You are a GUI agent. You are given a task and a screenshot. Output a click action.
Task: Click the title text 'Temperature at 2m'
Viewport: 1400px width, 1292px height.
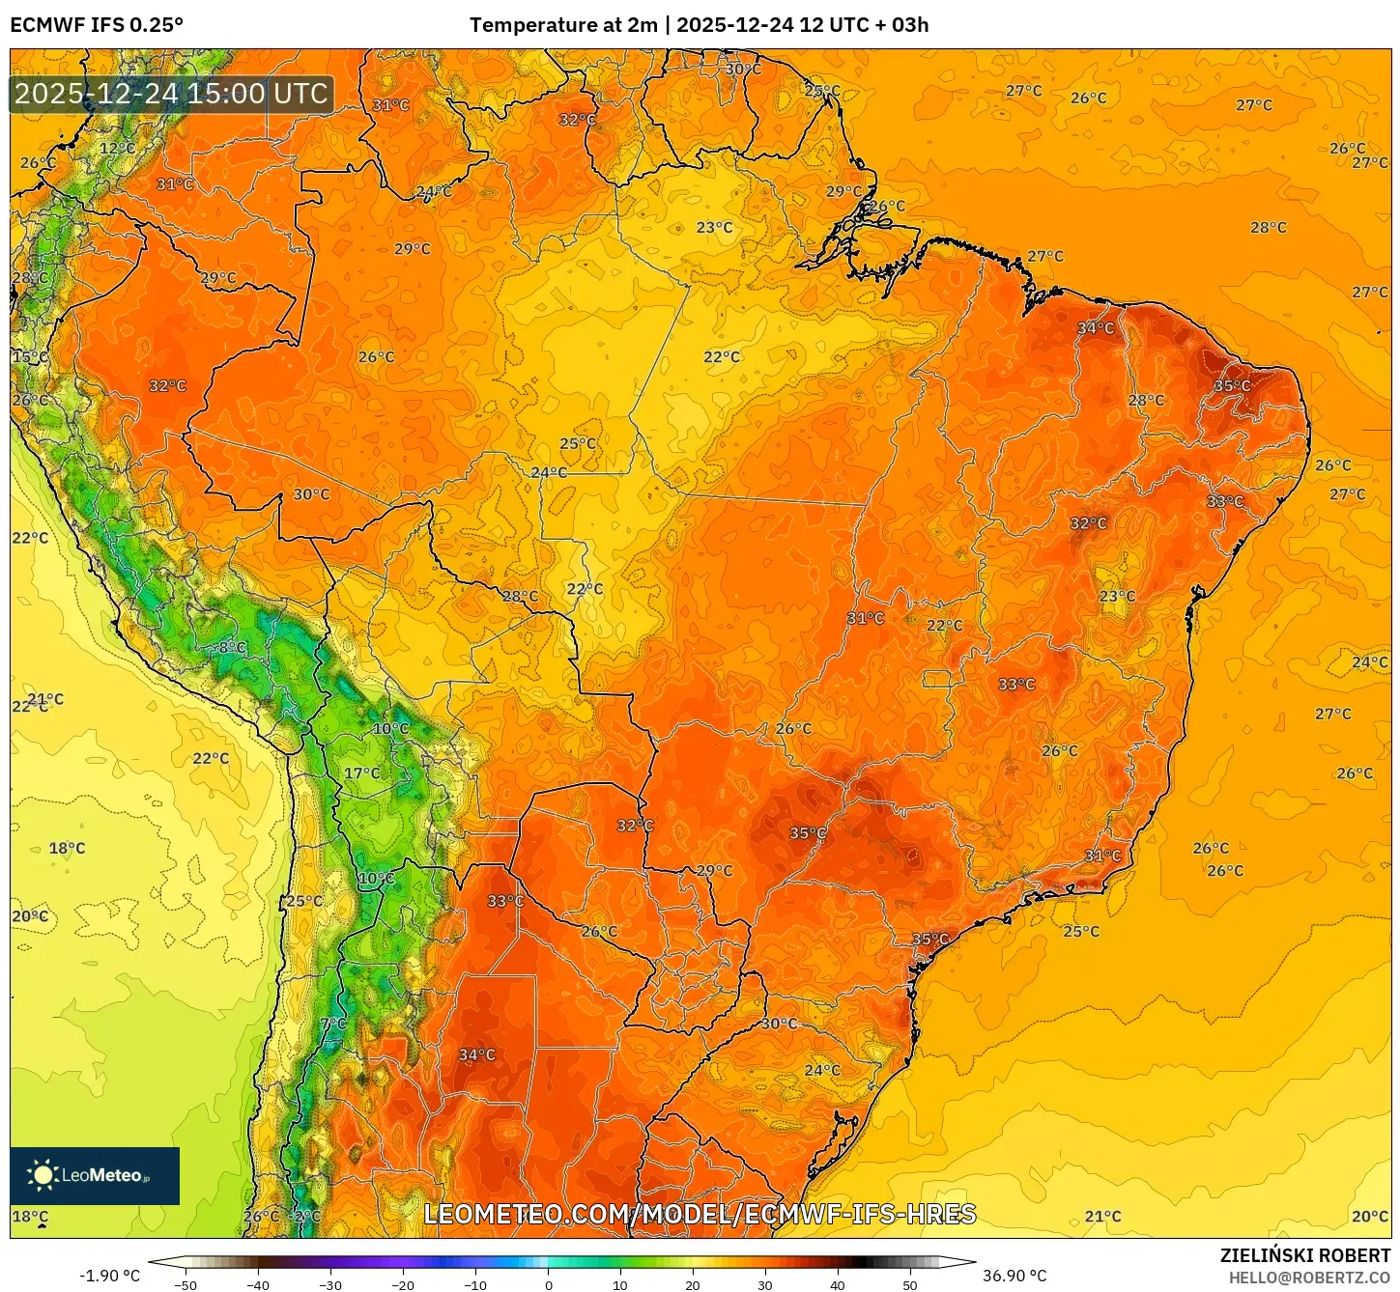pos(563,25)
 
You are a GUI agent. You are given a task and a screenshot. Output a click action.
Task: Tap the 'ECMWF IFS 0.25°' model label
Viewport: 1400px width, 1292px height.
pos(97,25)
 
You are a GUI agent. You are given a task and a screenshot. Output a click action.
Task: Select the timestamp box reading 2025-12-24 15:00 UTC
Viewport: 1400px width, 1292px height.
pos(171,95)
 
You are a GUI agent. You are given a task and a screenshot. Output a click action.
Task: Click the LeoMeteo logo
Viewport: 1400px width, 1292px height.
pos(95,1175)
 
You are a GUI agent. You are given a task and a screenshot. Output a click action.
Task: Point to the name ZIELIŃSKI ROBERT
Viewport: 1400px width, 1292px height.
pos(1304,1255)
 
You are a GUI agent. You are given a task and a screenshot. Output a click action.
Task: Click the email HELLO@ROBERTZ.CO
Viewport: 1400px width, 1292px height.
pos(1309,1278)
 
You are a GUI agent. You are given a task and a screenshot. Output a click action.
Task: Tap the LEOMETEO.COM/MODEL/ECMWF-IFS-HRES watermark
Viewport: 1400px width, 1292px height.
pos(700,1214)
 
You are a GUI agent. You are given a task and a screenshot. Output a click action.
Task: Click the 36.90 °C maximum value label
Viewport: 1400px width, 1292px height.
pos(1014,1276)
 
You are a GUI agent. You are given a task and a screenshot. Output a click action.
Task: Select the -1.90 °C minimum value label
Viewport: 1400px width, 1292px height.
pos(109,1276)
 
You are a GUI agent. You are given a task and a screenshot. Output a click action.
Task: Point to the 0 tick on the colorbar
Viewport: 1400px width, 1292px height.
pos(548,1284)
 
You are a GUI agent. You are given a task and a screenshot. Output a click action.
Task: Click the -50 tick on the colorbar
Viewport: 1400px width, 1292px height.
pos(186,1284)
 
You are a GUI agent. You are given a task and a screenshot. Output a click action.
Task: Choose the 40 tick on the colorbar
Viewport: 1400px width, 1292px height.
pos(838,1284)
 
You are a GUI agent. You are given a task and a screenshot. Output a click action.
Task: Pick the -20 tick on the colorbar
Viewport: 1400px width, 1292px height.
pos(403,1284)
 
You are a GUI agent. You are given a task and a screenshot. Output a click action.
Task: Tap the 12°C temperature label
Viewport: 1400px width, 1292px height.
pos(118,149)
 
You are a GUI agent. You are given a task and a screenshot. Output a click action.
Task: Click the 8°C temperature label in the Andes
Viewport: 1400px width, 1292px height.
pos(232,647)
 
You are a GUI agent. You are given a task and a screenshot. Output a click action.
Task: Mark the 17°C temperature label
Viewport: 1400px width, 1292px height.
pos(362,773)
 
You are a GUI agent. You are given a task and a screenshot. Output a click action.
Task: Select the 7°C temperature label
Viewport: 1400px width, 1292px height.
pos(332,1024)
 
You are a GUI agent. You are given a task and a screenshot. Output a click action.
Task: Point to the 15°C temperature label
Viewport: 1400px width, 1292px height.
pos(29,357)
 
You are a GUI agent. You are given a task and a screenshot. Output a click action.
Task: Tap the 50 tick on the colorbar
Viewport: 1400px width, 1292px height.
pos(910,1284)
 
